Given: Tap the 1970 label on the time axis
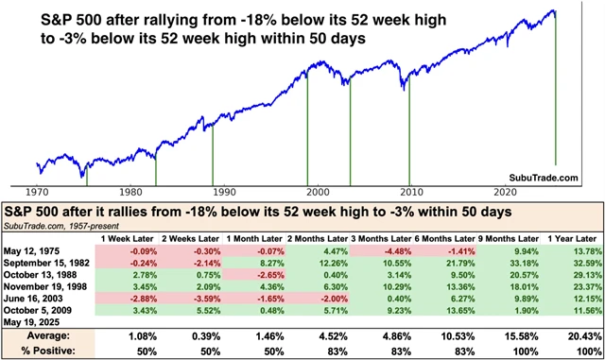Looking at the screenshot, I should click(37, 190).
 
